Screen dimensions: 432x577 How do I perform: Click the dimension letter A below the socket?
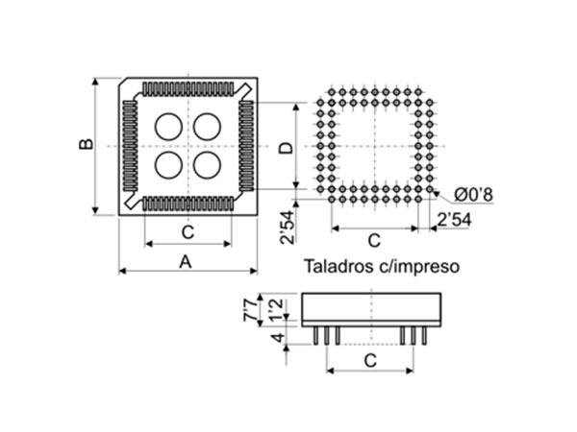(187, 260)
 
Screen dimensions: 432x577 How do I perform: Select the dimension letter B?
(86, 144)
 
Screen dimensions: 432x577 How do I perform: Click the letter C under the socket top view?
(188, 231)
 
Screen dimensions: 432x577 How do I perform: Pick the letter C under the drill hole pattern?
(374, 239)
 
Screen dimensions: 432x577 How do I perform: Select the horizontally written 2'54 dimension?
(452, 220)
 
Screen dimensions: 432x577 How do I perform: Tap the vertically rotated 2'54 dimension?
(287, 227)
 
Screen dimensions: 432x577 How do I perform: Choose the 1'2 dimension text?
(276, 309)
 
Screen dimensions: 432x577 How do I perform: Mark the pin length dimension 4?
(276, 339)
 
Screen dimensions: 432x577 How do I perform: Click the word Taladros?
(339, 265)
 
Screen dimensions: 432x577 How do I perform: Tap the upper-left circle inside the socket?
(168, 127)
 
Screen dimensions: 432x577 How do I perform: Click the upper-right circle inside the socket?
(207, 127)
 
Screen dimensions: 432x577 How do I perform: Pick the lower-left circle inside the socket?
(168, 164)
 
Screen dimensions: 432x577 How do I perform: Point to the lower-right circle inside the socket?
(207, 164)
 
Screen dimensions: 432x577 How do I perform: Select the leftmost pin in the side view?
(314, 335)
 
